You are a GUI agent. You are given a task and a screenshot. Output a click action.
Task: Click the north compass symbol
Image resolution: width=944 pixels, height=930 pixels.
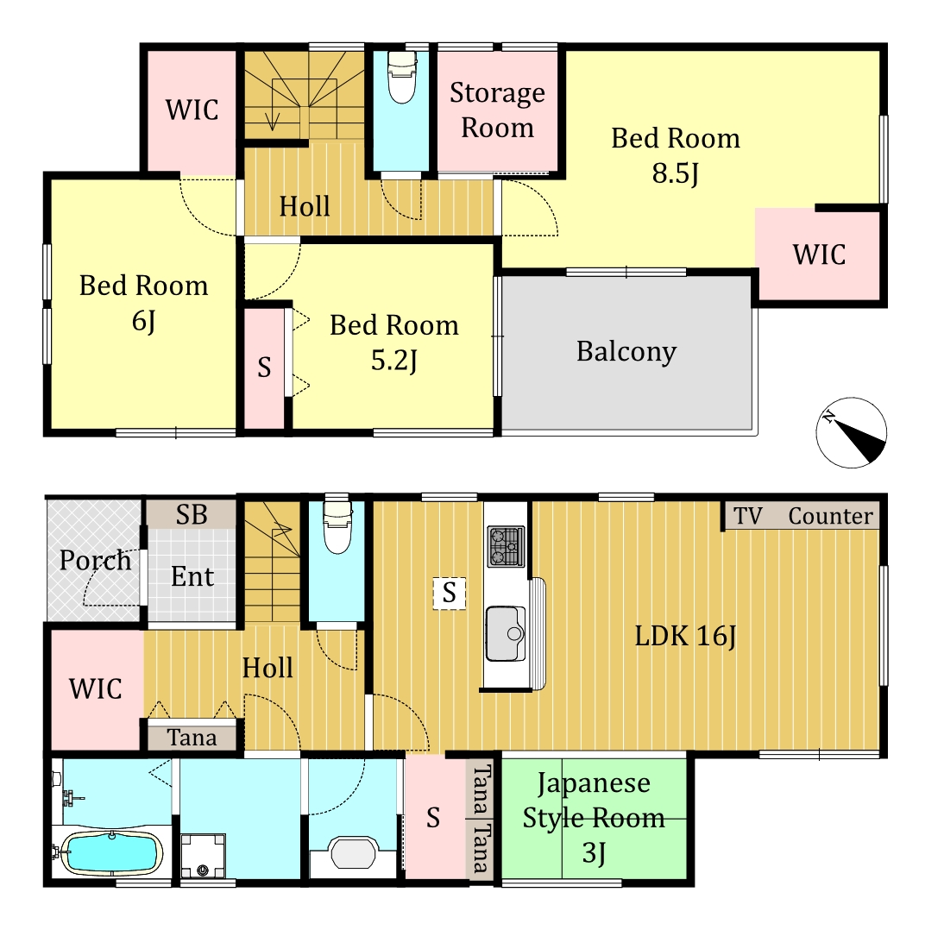pyautogui.click(x=852, y=432)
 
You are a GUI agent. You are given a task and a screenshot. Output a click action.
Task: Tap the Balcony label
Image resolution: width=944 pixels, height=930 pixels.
pyautogui.click(x=626, y=351)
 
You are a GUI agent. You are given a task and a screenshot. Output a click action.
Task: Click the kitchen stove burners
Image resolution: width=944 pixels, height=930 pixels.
pyautogui.click(x=506, y=546)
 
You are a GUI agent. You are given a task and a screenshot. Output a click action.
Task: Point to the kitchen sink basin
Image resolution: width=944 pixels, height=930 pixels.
pyautogui.click(x=505, y=633)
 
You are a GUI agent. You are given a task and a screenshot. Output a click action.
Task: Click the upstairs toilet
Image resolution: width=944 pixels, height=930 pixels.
pyautogui.click(x=401, y=77)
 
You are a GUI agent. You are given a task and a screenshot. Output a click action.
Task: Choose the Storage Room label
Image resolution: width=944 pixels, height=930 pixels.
pyautogui.click(x=497, y=110)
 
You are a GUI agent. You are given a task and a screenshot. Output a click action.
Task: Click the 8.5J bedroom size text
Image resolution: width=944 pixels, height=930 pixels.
pyautogui.click(x=676, y=173)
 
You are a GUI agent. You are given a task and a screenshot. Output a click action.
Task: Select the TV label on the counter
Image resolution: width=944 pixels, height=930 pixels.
pyautogui.click(x=748, y=516)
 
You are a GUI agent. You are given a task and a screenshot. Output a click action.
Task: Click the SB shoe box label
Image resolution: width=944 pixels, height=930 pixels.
pyautogui.click(x=192, y=515)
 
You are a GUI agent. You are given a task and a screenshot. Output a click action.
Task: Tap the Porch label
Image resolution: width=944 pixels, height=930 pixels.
pyautogui.click(x=95, y=561)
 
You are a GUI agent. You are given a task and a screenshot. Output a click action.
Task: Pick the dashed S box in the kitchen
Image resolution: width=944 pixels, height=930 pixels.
pyautogui.click(x=449, y=593)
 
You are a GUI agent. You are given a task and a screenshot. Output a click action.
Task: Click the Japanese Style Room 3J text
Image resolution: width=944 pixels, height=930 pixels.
pyautogui.click(x=594, y=818)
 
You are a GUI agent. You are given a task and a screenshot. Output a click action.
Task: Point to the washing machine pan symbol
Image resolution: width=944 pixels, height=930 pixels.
pyautogui.click(x=203, y=855)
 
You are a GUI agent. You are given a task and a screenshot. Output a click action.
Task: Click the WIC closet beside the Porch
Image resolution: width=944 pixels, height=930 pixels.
pyautogui.click(x=97, y=688)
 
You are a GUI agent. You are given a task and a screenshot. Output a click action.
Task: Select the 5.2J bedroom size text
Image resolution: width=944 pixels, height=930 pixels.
pyautogui.click(x=393, y=361)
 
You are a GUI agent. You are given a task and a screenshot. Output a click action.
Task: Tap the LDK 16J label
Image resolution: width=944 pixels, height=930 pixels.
pyautogui.click(x=685, y=636)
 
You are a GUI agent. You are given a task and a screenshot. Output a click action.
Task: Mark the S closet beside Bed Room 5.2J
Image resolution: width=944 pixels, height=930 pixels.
pyautogui.click(x=264, y=368)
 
